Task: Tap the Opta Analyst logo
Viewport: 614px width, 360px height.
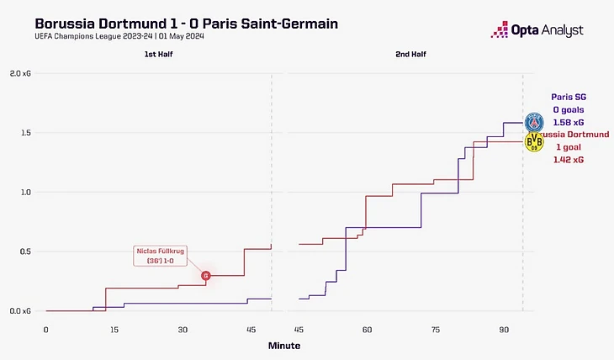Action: [536, 30]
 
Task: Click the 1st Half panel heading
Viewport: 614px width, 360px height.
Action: [158, 55]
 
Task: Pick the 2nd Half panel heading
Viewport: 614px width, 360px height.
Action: [410, 55]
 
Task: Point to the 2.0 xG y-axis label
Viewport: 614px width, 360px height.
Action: [20, 74]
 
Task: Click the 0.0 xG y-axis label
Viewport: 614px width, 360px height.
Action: [20, 311]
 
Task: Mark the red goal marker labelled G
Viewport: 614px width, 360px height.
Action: [206, 275]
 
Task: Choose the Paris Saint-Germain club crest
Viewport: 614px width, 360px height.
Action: [534, 123]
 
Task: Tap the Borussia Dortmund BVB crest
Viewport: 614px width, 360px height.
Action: [534, 142]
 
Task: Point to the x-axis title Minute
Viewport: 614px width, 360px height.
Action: [283, 346]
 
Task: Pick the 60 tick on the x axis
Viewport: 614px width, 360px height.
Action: [367, 329]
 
